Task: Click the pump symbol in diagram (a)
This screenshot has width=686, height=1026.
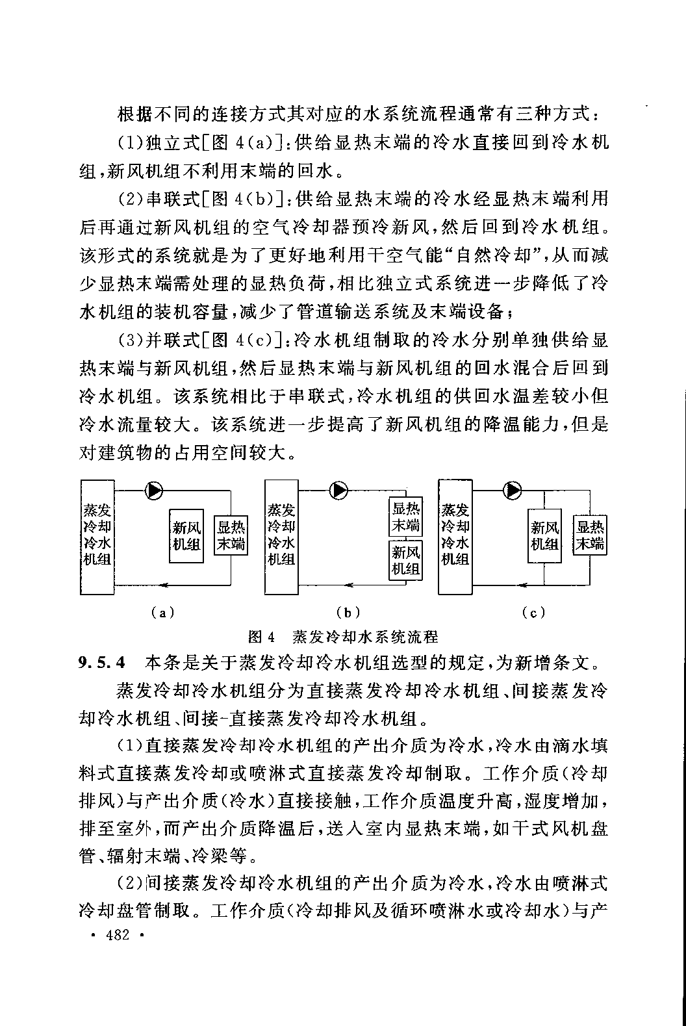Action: [x=155, y=491]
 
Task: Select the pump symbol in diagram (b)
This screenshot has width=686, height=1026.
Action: [x=338, y=491]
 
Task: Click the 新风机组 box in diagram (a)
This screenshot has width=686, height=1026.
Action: [x=186, y=535]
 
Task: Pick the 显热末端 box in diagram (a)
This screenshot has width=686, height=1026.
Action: [x=231, y=535]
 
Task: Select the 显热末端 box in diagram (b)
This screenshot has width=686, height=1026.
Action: [x=405, y=516]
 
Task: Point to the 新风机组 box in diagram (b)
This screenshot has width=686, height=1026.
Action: [x=405, y=560]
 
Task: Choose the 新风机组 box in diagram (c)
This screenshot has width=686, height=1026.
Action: [x=544, y=535]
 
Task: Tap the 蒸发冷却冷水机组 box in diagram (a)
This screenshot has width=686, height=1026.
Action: [x=97, y=537]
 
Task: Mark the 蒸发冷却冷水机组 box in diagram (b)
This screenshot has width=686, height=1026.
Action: [x=281, y=537]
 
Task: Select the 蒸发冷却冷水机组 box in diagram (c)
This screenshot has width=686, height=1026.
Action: [x=455, y=536]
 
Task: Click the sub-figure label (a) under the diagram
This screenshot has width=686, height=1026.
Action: [x=160, y=611]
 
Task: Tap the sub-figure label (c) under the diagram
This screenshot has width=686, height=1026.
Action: [x=533, y=611]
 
